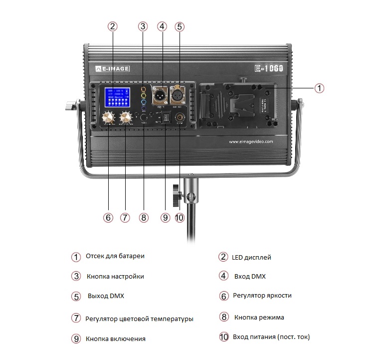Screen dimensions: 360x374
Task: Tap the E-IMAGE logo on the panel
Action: click(112, 68)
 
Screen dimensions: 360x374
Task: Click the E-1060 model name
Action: click(268, 68)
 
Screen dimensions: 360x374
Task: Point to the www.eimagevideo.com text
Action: click(251, 142)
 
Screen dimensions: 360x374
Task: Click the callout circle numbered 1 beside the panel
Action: click(319, 88)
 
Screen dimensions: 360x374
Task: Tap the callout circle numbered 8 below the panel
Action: click(144, 217)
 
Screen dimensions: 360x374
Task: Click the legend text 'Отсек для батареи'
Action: click(115, 256)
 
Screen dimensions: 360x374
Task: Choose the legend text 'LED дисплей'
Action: click(251, 258)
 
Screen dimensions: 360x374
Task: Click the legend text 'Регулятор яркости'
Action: click(262, 296)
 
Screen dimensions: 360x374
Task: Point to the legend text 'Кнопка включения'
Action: click(115, 339)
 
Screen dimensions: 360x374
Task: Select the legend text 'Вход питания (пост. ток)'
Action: click(271, 337)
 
